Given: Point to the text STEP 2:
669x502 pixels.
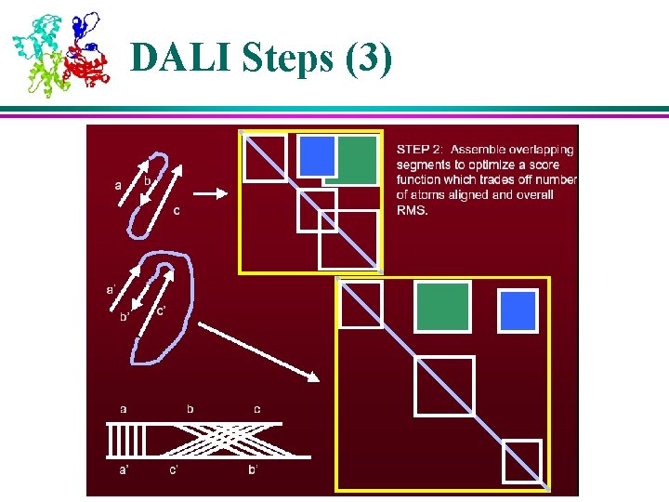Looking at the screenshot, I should pos(421,149).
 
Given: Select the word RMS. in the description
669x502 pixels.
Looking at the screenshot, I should pos(414,210).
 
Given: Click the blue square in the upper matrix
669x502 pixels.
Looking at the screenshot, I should pos(316,155).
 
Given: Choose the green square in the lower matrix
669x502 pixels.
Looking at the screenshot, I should pos(442,308).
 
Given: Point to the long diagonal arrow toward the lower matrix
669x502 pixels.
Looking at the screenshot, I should pos(259,351).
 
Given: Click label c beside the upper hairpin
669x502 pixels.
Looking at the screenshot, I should pos(177,210).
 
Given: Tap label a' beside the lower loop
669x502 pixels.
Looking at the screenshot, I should pos(111,289).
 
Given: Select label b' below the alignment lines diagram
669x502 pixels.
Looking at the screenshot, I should pos(253,470).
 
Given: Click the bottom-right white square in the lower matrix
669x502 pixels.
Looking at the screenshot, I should pos(521,461).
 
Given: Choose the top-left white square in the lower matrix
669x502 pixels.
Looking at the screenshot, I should pos(361,305).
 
